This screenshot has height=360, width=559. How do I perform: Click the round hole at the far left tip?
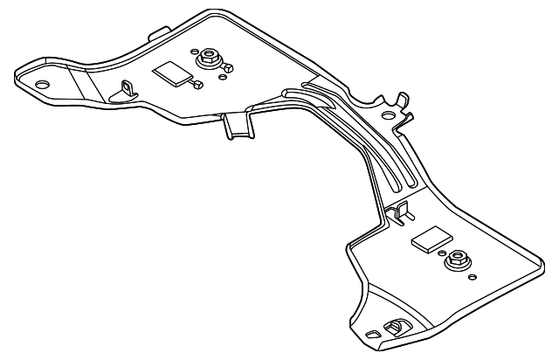click(x=41, y=85)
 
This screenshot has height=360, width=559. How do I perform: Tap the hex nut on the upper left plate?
click(x=208, y=59)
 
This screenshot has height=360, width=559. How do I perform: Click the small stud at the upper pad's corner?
click(x=198, y=84)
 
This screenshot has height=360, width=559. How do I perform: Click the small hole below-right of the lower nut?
click(x=473, y=279)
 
